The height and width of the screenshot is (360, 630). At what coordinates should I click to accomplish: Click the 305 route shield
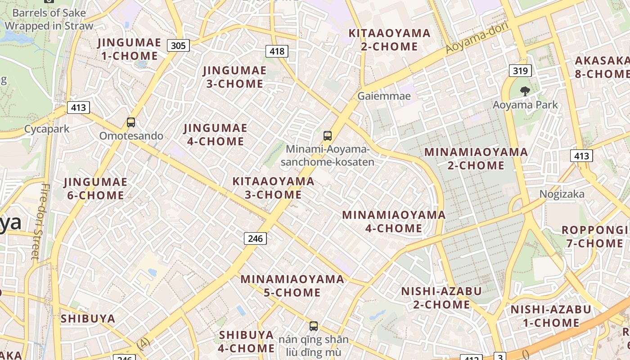pyautogui.click(x=178, y=45)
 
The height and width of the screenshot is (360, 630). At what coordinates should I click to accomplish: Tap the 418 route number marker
pyautogui.click(x=277, y=51)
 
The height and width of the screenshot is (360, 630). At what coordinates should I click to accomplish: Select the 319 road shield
pyautogui.click(x=520, y=71)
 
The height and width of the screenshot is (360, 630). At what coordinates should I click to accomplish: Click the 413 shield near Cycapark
pyautogui.click(x=78, y=108)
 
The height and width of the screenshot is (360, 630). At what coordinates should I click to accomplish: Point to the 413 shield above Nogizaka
pyautogui.click(x=581, y=156)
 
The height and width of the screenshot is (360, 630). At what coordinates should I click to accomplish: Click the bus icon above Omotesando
pyautogui.click(x=131, y=122)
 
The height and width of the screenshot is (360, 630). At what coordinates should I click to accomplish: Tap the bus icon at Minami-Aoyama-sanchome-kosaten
pyautogui.click(x=328, y=135)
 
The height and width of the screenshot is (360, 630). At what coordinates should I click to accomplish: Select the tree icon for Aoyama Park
pyautogui.click(x=525, y=91)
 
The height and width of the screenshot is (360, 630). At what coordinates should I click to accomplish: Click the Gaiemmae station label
pyautogui.click(x=384, y=96)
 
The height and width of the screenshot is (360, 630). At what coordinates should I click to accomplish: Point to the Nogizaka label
pyautogui.click(x=562, y=194)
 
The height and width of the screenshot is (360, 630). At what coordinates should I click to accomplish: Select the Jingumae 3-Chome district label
pyautogui.click(x=234, y=77)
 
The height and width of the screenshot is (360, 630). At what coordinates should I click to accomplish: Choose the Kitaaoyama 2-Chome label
pyautogui.click(x=390, y=40)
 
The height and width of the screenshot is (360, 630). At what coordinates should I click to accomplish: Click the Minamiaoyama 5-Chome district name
pyautogui.click(x=292, y=286)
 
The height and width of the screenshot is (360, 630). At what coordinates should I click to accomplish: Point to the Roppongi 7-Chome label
pyautogui.click(x=594, y=237)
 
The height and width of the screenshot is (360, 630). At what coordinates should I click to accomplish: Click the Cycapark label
pyautogui.click(x=47, y=129)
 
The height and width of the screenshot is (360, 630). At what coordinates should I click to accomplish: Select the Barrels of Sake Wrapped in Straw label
pyautogui.click(x=49, y=19)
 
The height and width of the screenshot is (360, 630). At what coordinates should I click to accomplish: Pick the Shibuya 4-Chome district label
pyautogui.click(x=246, y=342)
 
